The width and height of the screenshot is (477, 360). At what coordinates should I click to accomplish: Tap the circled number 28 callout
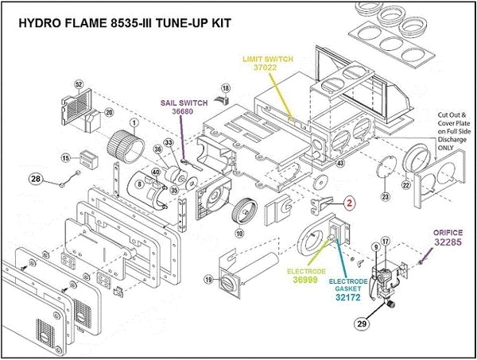[x=35, y=180]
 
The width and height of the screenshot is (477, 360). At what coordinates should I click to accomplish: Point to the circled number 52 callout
[x=79, y=84]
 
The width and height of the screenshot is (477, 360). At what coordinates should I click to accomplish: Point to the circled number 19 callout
[x=207, y=279]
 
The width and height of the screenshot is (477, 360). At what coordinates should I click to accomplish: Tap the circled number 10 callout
[x=239, y=233]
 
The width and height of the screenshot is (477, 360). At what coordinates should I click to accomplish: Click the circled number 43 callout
[x=340, y=163]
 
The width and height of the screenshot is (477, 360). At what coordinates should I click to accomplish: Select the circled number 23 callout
[x=385, y=195]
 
